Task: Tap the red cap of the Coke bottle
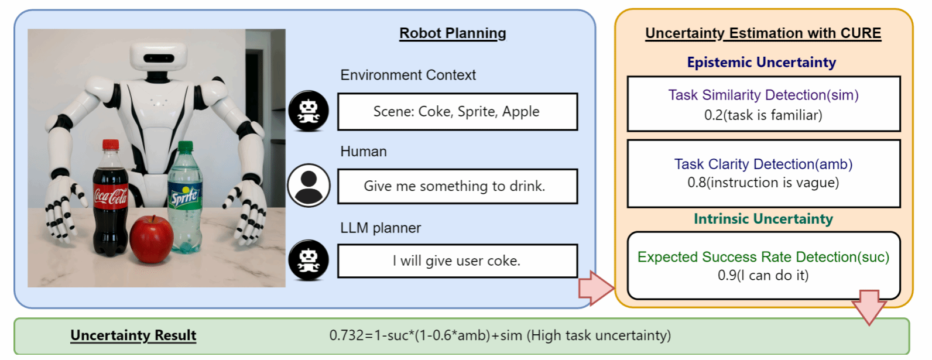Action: click(111, 145)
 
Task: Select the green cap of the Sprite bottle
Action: click(185, 146)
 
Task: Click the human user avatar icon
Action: click(309, 186)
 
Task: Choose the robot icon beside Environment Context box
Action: click(309, 111)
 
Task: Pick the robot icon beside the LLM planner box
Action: click(309, 260)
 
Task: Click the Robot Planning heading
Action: click(453, 33)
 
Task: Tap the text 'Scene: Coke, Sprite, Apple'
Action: click(457, 111)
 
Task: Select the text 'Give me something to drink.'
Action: click(455, 186)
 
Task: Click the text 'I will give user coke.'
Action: click(457, 260)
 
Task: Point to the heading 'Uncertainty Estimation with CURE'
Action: click(763, 33)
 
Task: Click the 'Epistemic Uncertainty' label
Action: click(761, 62)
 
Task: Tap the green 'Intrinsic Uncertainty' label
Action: click(763, 219)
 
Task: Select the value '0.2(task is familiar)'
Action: click(763, 115)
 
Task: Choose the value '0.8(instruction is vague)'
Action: click(763, 183)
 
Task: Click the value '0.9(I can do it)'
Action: click(763, 275)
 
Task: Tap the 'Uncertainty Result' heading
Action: click(133, 335)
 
